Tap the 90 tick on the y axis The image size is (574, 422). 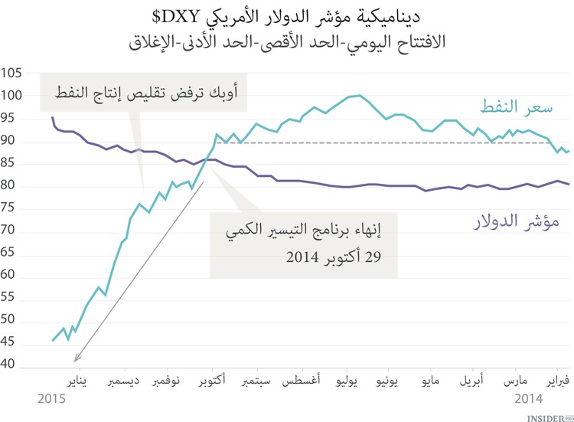coord(11,142)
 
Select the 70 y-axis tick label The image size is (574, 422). coord(11,232)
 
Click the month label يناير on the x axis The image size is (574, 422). coord(73,380)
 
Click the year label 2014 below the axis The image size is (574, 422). coord(528,398)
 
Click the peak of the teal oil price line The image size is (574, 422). coord(360,95)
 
